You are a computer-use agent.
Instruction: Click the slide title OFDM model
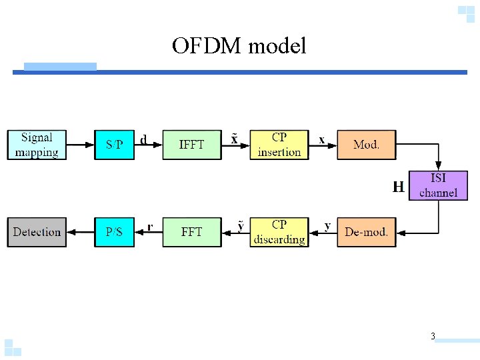(x=239, y=46)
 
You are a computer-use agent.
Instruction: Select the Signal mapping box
(x=37, y=145)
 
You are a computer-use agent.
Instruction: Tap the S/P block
(x=114, y=145)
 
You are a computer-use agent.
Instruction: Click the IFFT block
(x=192, y=145)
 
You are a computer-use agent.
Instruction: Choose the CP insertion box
(x=279, y=145)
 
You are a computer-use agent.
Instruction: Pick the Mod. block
(x=366, y=145)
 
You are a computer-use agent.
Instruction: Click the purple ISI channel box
(x=438, y=185)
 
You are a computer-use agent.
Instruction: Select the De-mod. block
(x=366, y=232)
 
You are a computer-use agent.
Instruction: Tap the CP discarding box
(x=279, y=232)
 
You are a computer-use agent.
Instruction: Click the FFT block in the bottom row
(x=192, y=232)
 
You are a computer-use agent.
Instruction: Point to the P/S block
(x=114, y=232)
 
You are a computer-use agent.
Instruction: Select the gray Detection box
(x=37, y=232)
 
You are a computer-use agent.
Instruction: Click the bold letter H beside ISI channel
(x=398, y=187)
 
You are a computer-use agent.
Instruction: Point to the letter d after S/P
(x=143, y=140)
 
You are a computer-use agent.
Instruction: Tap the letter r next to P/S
(x=150, y=227)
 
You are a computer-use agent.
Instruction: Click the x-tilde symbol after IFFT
(x=234, y=139)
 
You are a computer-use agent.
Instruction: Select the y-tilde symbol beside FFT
(x=241, y=227)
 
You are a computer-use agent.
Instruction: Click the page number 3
(x=433, y=337)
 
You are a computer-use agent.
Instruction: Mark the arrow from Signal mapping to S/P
(x=80, y=145)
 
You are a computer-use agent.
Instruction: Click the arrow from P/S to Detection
(x=80, y=232)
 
